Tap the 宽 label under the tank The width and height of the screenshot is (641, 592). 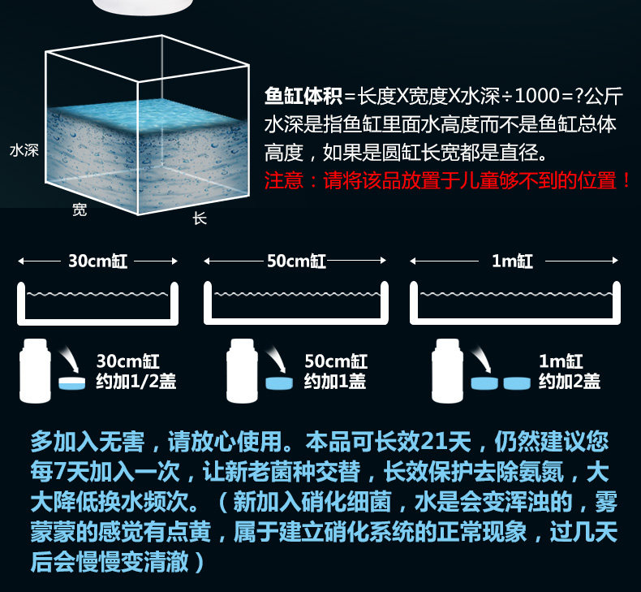point(80,210)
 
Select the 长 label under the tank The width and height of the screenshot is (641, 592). point(200,218)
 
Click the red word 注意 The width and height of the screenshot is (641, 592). point(289,180)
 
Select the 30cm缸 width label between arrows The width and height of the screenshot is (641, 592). point(97,261)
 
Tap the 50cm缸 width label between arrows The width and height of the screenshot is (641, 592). point(296,261)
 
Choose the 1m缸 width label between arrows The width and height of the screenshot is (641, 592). point(513,261)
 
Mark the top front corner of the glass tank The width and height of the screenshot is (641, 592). point(137,82)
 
